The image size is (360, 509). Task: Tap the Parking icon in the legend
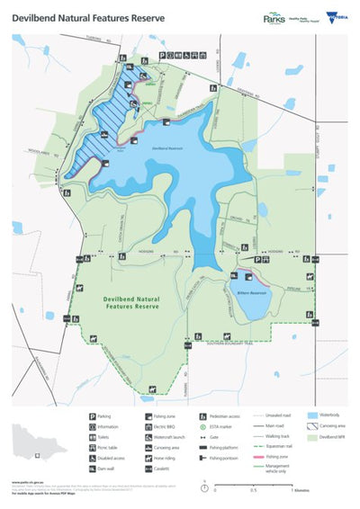94,416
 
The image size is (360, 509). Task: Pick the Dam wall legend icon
94,469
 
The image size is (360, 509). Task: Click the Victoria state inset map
41,442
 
